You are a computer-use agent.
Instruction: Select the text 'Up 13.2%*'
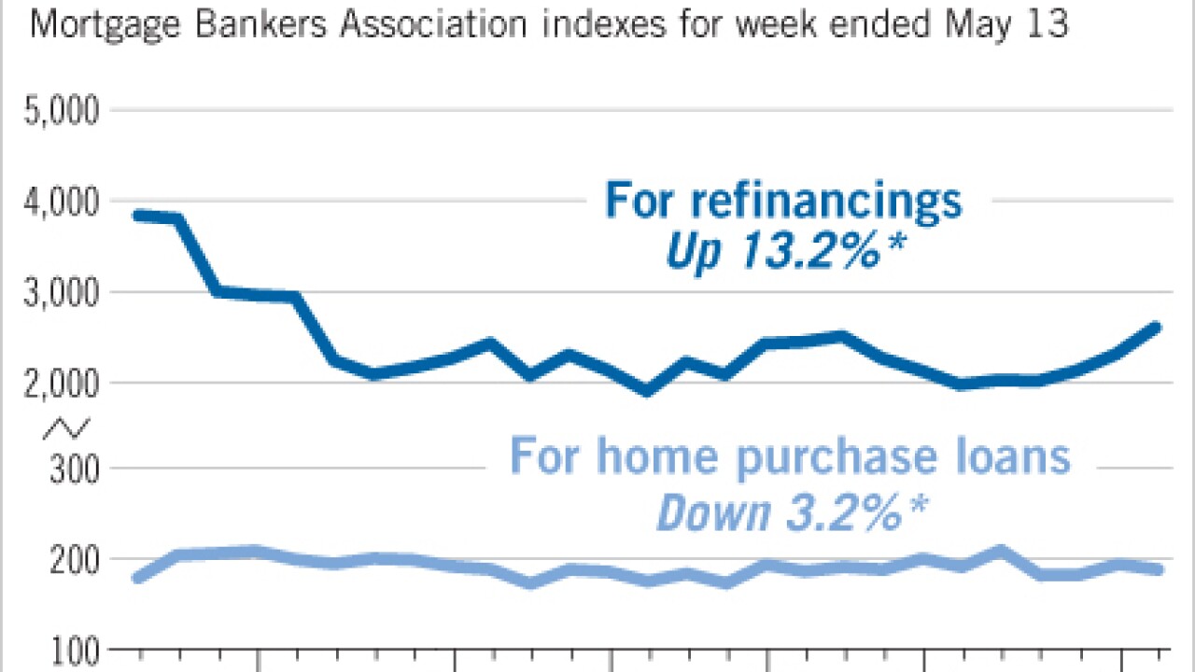pos(783,251)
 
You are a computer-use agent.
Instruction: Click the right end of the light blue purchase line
pos(1158,569)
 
